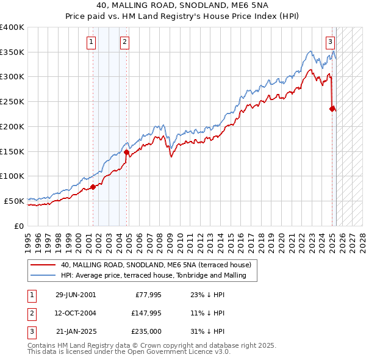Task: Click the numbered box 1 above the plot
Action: point(91,42)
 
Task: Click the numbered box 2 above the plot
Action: point(124,42)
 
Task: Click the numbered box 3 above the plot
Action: point(330,42)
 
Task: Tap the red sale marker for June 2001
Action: point(93,187)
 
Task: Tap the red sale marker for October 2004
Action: point(127,152)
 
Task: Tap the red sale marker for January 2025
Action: point(332,109)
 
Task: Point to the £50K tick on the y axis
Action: point(15,201)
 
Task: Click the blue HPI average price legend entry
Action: point(153,275)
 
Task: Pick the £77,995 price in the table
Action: point(144,294)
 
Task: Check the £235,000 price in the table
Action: point(144,332)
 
